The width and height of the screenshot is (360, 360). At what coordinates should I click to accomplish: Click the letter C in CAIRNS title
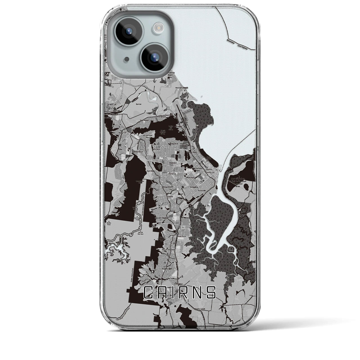(149, 292)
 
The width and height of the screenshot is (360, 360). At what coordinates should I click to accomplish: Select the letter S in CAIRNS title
(211, 292)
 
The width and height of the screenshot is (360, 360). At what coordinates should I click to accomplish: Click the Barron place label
(139, 104)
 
